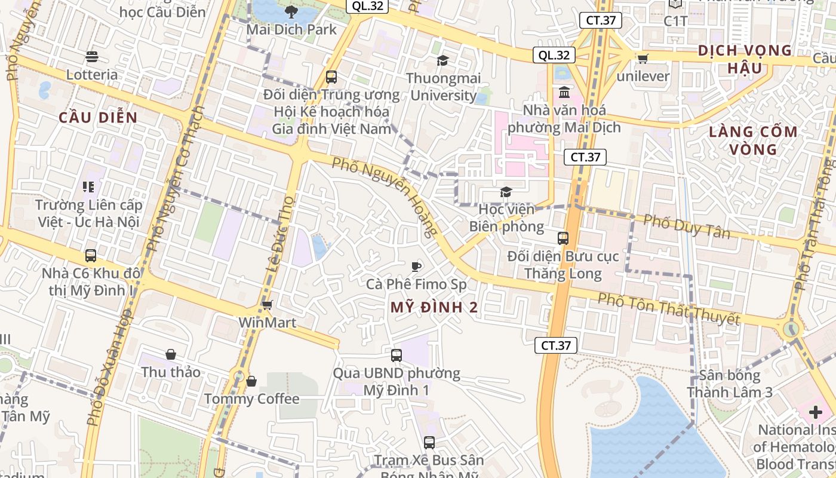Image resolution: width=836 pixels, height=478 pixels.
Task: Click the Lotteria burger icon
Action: [x=91, y=57]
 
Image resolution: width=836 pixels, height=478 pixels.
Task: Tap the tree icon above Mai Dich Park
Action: [x=291, y=11]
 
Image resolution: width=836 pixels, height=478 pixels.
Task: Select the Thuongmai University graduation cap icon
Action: [x=442, y=60]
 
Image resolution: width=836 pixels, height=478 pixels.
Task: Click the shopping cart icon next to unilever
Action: [x=643, y=59]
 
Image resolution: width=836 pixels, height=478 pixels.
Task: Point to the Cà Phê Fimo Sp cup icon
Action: [x=416, y=266]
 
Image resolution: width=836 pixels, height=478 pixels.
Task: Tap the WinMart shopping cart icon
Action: [x=267, y=305]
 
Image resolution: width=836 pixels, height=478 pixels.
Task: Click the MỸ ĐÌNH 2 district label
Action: [x=434, y=308]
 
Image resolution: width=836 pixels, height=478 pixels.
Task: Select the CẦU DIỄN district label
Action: [x=98, y=118]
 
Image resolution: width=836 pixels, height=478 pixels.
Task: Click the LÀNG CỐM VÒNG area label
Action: [x=753, y=140]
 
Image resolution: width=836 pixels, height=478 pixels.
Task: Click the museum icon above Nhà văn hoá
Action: [x=564, y=93]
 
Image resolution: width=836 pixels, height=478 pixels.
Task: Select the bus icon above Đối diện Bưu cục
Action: [x=563, y=238]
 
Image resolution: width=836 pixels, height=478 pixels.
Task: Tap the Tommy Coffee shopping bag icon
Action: [x=251, y=381]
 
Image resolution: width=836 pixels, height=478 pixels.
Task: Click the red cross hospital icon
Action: [x=815, y=412]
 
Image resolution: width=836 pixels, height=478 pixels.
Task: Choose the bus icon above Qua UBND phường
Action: [x=396, y=356]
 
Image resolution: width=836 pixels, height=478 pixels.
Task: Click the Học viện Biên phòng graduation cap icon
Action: [x=506, y=192]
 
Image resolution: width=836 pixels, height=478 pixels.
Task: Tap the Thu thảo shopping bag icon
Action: [x=171, y=354]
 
